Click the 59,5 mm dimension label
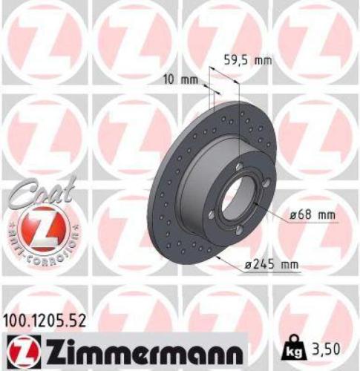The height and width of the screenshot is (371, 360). (x=247, y=61)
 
